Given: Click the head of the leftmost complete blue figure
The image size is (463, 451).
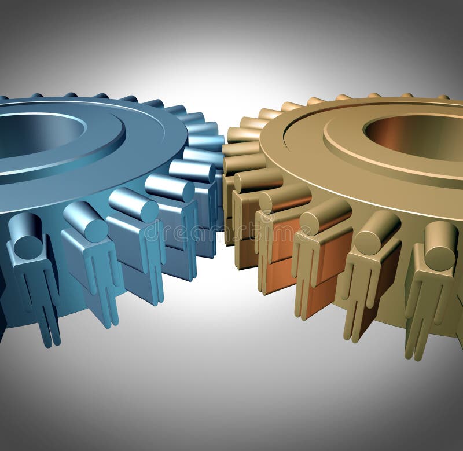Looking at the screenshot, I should point(27,234).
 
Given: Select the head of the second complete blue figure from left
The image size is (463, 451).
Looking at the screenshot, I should point(86,220).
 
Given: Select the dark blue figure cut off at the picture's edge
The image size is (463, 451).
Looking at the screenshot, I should point(3,301).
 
